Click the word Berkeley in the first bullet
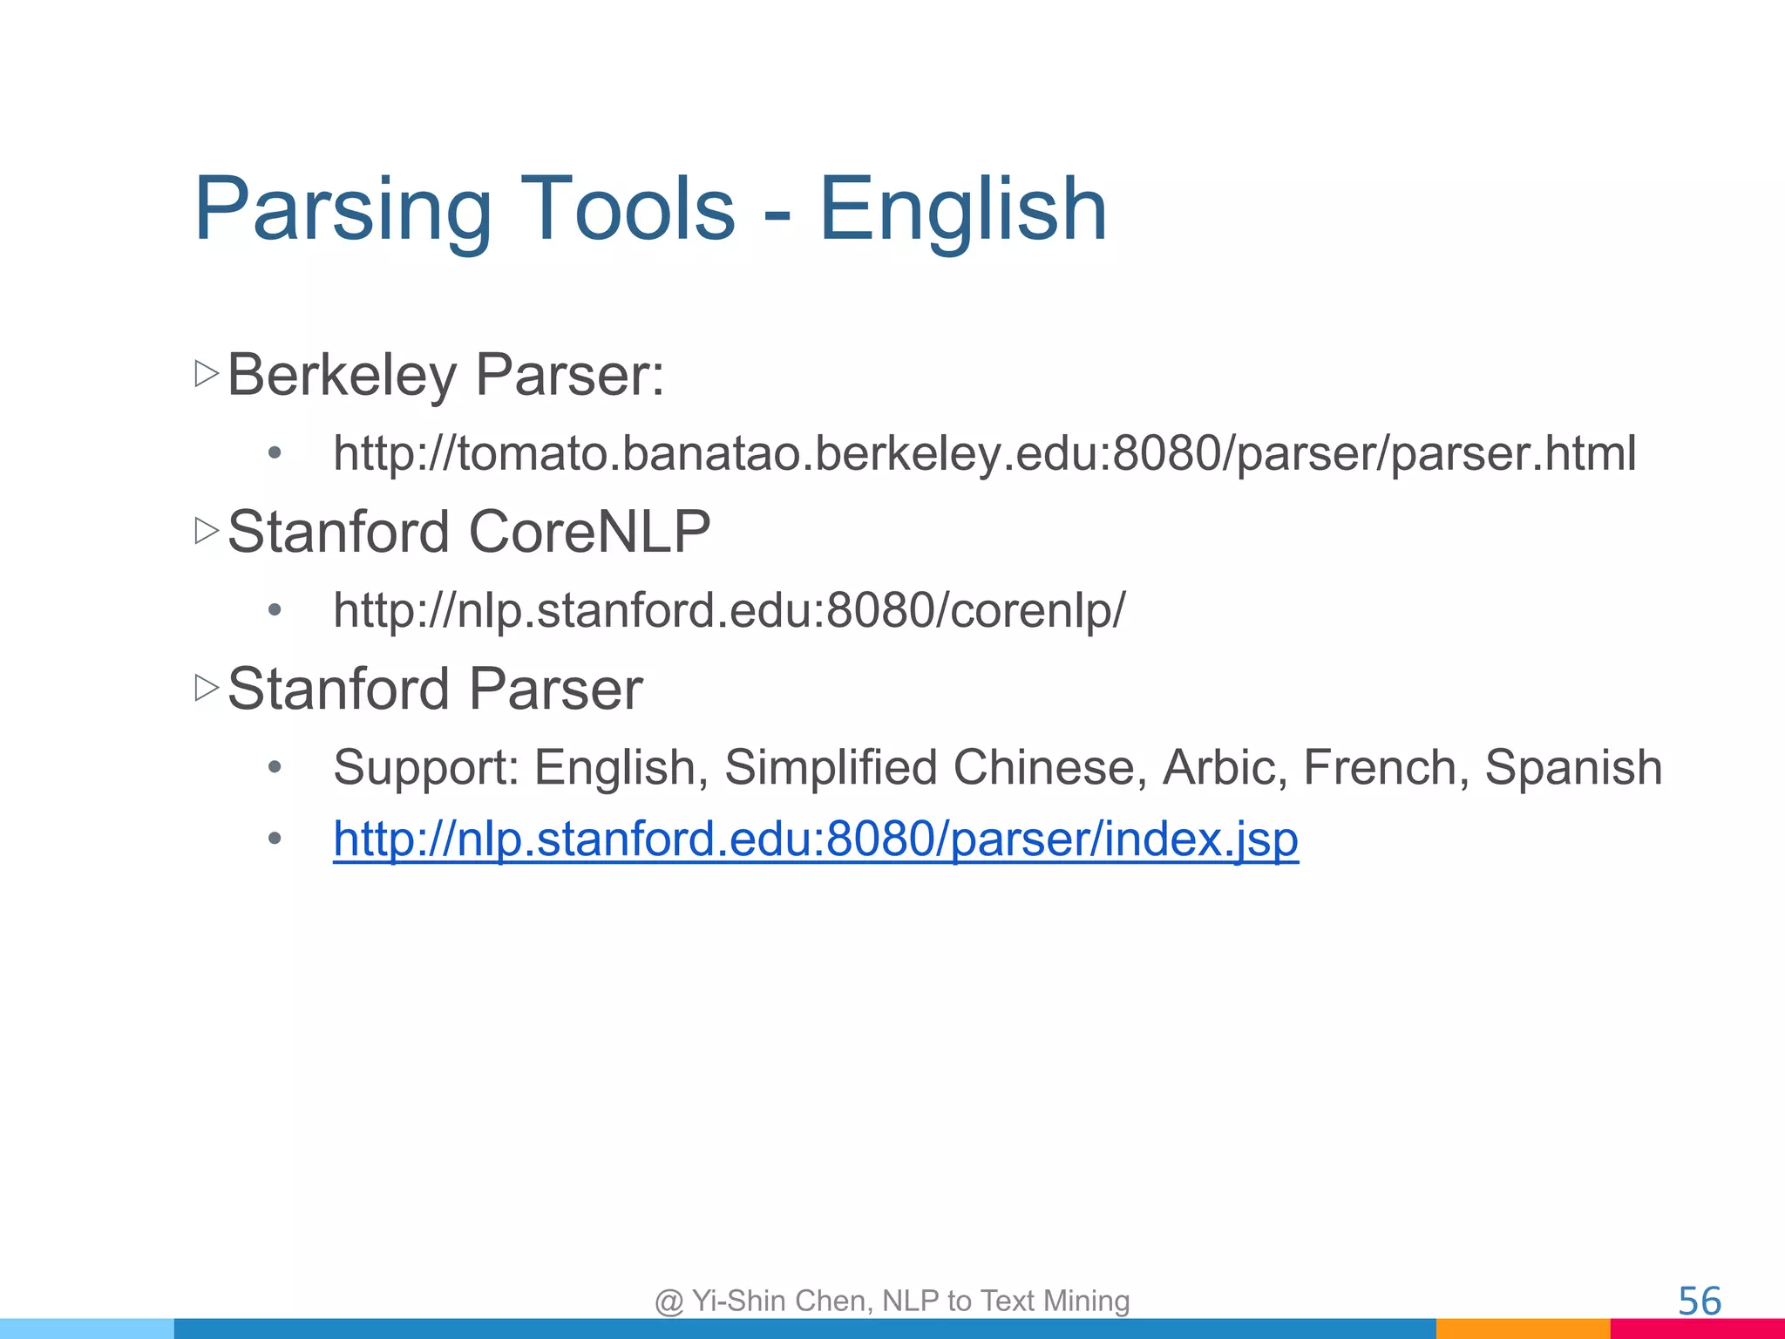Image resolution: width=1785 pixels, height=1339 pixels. pyautogui.click(x=342, y=376)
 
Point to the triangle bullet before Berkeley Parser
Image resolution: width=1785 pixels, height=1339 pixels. pyautogui.click(x=207, y=375)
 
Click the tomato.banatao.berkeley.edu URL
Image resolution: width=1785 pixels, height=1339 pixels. pyautogui.click(x=984, y=454)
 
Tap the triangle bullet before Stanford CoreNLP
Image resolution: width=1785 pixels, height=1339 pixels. pyautogui.click(x=207, y=531)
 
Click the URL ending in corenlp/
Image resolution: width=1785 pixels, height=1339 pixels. pyautogui.click(x=729, y=610)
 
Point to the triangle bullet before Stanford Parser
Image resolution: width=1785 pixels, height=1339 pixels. pyautogui.click(x=207, y=688)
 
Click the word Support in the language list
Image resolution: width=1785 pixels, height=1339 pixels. pyautogui.click(x=426, y=768)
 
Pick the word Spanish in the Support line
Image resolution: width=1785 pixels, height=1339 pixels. pyautogui.click(x=1573, y=768)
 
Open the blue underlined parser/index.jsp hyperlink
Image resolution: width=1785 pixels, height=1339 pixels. pyautogui.click(x=816, y=839)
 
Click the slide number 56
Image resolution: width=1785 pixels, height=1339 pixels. pyautogui.click(x=1699, y=1302)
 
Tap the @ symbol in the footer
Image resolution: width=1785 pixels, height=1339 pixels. pyautogui.click(x=669, y=1302)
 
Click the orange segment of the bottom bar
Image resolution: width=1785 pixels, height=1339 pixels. pyautogui.click(x=1523, y=1329)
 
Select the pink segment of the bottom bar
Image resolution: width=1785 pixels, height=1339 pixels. pyautogui.click(x=1697, y=1329)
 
